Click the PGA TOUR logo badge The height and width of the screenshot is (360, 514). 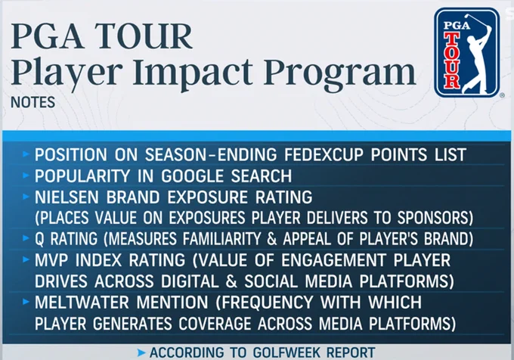tap(467, 52)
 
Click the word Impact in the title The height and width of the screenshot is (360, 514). tap(193, 72)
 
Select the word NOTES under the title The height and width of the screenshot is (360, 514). tap(33, 102)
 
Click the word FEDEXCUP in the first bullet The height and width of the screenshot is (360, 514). tap(324, 154)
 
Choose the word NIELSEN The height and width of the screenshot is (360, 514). tap(67, 197)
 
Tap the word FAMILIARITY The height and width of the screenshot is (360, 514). tap(222, 239)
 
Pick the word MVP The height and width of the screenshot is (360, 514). tap(51, 260)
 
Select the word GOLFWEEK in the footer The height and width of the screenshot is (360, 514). tap(286, 352)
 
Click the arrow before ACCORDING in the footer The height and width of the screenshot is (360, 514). tap(141, 352)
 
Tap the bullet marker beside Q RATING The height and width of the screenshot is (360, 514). tap(26, 238)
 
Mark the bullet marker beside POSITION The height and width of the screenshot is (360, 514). tap(26, 154)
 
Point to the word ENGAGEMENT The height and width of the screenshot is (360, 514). tap(333, 260)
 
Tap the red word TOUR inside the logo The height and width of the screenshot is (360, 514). tap(452, 60)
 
